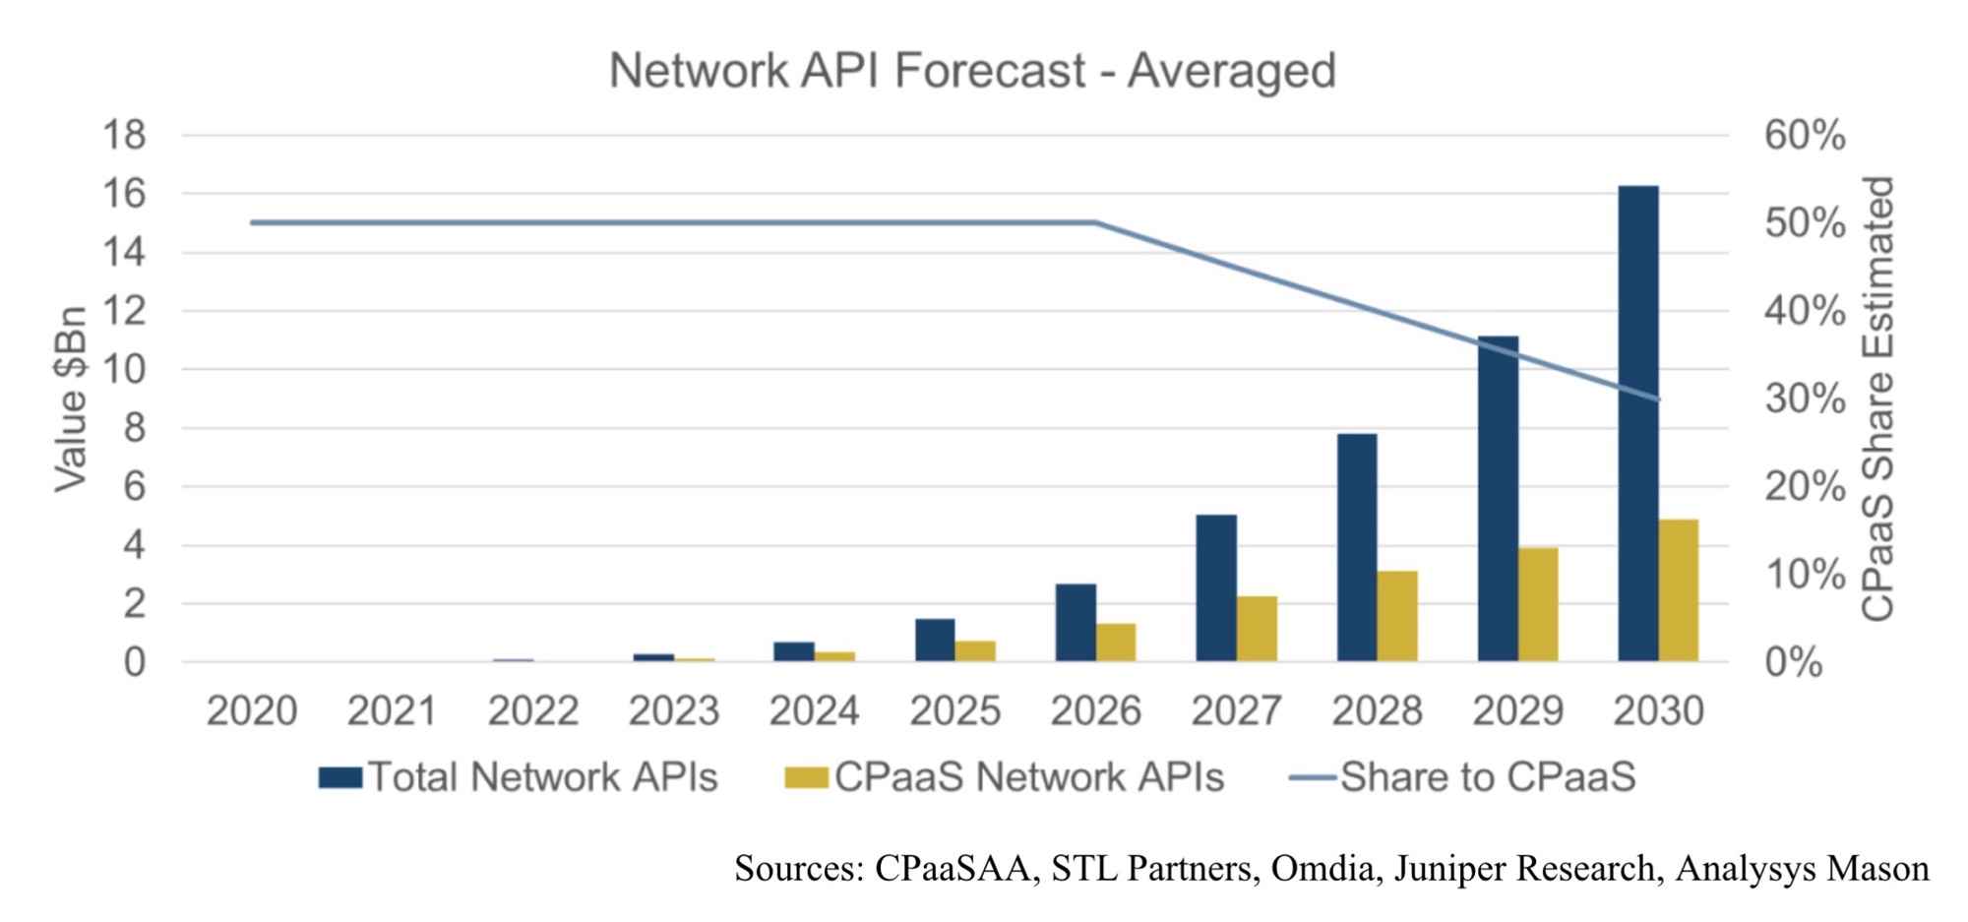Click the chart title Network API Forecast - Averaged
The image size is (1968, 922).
[972, 71]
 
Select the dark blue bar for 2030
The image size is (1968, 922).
[1638, 423]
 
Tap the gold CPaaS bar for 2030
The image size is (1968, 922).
[1679, 589]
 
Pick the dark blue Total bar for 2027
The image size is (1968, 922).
[1216, 587]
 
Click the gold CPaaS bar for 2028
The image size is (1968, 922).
[1397, 615]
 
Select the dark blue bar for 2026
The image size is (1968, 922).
[1076, 622]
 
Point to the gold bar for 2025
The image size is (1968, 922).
[975, 650]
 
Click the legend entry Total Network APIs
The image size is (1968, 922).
[519, 777]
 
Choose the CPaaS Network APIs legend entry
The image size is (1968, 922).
[1005, 777]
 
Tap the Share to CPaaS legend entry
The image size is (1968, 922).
[1463, 777]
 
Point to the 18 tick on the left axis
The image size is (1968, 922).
[124, 135]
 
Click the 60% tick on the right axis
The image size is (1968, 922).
[1805, 135]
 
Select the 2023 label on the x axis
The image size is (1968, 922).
[674, 710]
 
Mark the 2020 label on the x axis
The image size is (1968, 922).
[252, 710]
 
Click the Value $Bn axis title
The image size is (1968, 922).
[71, 399]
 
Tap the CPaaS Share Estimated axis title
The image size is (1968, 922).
[1877, 399]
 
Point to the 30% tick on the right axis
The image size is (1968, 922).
[1805, 399]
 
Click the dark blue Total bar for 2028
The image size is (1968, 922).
[1357, 547]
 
